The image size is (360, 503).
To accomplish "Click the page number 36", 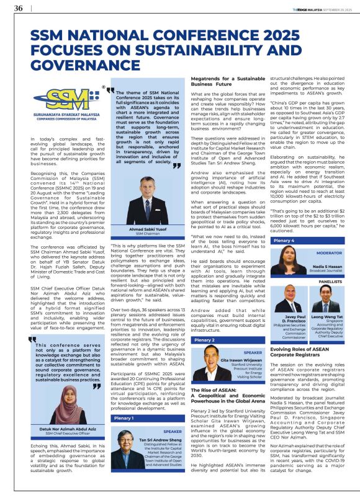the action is click(x=18, y=8).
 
